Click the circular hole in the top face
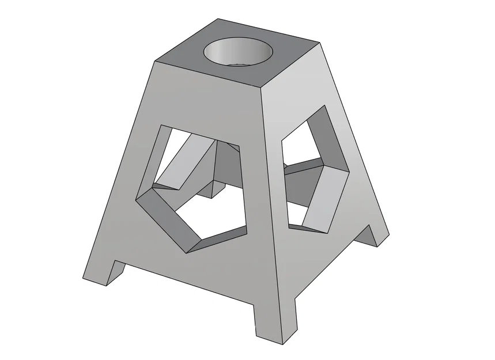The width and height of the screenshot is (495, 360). (238, 53)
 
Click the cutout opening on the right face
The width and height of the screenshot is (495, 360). (311, 173)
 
